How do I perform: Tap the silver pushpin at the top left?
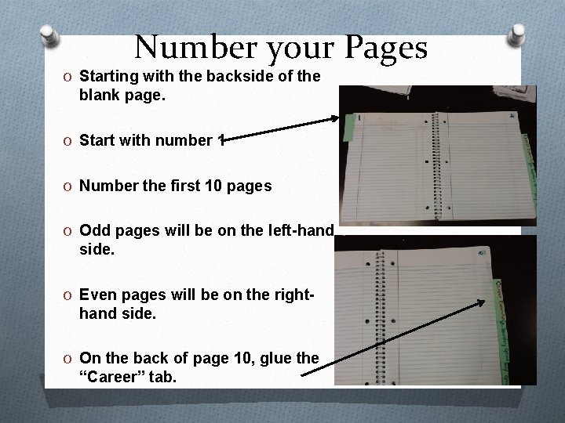click(49, 35)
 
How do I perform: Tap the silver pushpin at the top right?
click(517, 35)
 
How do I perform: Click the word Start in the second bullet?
click(97, 141)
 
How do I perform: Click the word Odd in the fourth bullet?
click(93, 230)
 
